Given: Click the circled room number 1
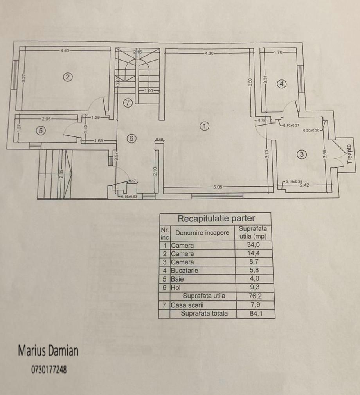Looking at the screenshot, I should pyautogui.click(x=204, y=126).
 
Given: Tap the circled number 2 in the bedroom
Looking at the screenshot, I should pyautogui.click(x=68, y=77).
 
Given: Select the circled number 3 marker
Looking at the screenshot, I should pyautogui.click(x=301, y=154).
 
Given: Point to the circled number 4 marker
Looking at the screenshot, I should pyautogui.click(x=282, y=83).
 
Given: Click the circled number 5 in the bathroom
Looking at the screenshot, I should pyautogui.click(x=40, y=131).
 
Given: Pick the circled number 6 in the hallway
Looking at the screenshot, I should pyautogui.click(x=131, y=138).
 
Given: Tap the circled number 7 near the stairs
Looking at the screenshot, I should pyautogui.click(x=128, y=103).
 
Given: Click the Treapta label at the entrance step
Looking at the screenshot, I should pyautogui.click(x=349, y=154).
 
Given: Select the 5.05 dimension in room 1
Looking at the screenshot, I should pyautogui.click(x=218, y=187).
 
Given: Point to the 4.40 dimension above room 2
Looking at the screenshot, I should pyautogui.click(x=65, y=50).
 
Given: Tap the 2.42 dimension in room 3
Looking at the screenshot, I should pyautogui.click(x=304, y=185).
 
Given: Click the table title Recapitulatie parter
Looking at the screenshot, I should pyautogui.click(x=216, y=218).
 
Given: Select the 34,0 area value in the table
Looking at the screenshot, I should pyautogui.click(x=255, y=246).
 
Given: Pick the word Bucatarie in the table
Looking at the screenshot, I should pyautogui.click(x=185, y=271).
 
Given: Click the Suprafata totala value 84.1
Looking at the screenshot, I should pyautogui.click(x=255, y=313).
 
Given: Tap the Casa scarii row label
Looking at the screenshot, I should pyautogui.click(x=187, y=305).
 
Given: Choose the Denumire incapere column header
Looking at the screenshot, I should pyautogui.click(x=202, y=233).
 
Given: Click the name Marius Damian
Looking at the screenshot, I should pyautogui.click(x=48, y=351).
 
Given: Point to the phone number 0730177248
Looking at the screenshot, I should pyautogui.click(x=49, y=370).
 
